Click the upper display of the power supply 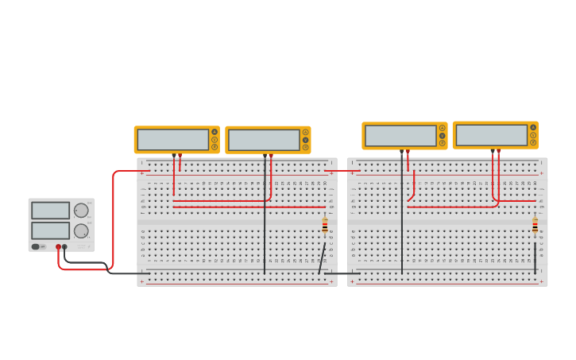coord(50,211)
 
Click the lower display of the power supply coord(50,230)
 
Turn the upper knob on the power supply coord(81,211)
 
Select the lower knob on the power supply coord(81,230)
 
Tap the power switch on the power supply coord(36,246)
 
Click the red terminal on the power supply coord(58,246)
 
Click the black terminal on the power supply coord(65,246)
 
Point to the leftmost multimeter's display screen coord(172,140)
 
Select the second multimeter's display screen coord(263,140)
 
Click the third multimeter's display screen coord(400,136)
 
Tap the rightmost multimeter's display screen coord(491,135)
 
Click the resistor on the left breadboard coord(325,226)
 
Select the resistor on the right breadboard coord(535,226)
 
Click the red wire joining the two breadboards coord(342,170)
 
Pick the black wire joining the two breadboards coord(342,273)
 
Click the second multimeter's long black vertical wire coord(265,223)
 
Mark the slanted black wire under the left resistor coord(322,260)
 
